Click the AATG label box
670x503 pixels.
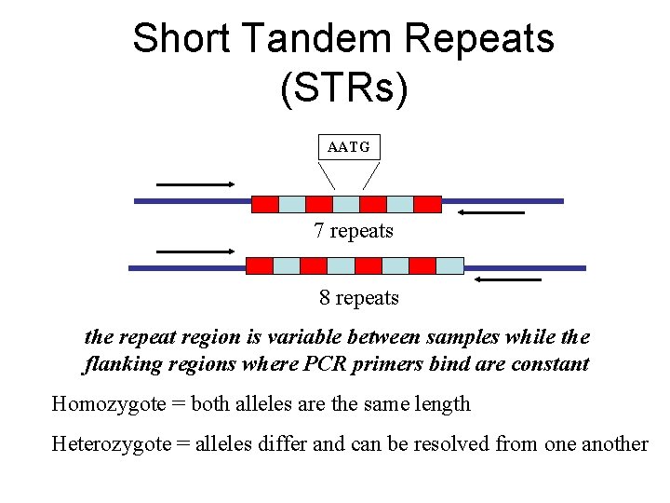pos(349,147)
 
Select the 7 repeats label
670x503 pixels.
pos(354,231)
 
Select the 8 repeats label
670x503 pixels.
pos(358,298)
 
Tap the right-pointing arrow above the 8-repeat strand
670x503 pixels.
pos(194,251)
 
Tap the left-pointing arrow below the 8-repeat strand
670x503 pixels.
pos(508,279)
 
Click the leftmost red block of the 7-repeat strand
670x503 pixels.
pos(265,202)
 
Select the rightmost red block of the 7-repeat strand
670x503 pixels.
pos(427,202)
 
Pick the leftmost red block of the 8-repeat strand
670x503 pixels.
pos(259,265)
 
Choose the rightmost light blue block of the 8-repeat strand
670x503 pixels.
pos(450,265)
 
